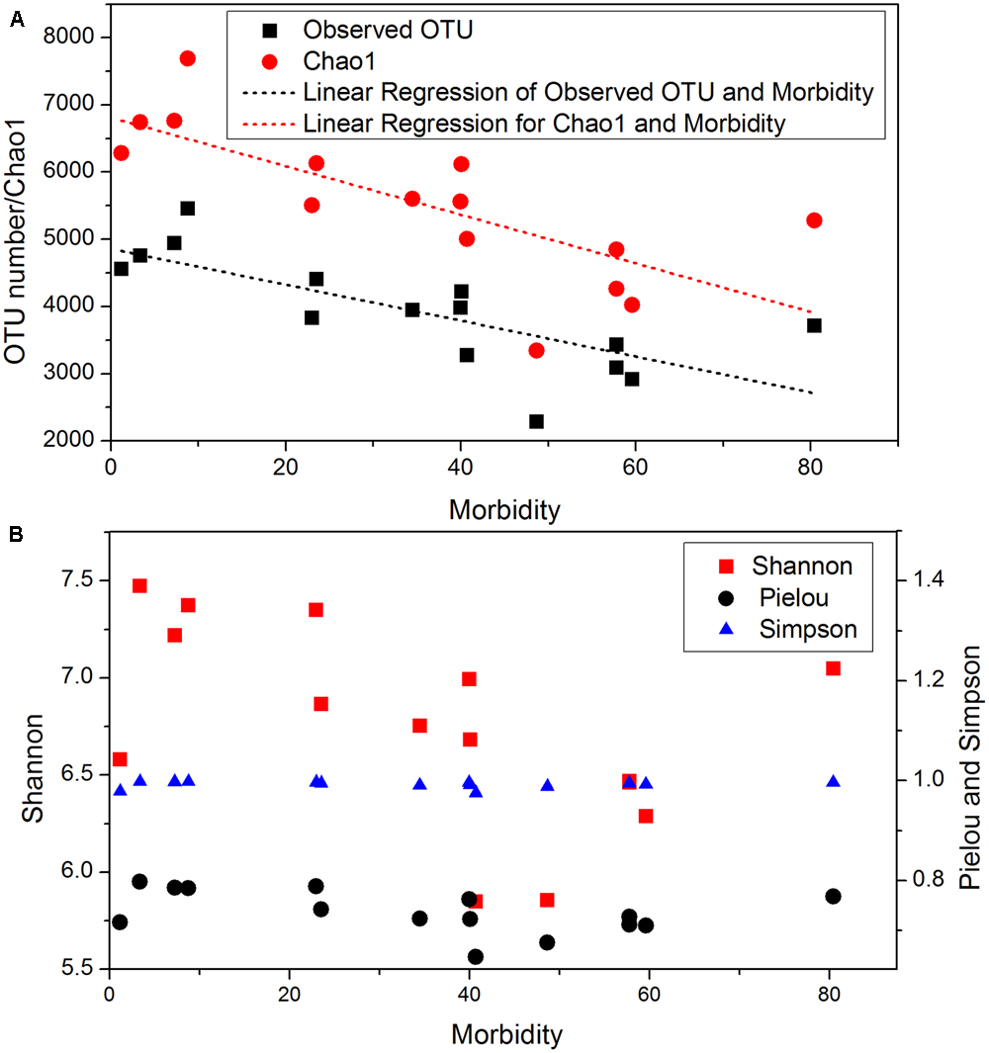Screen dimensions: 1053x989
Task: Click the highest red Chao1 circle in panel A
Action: coord(188,58)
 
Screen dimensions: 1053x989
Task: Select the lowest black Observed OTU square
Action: coord(536,421)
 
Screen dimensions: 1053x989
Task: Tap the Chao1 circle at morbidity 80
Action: coord(814,219)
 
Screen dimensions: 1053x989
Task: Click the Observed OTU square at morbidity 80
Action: coord(814,325)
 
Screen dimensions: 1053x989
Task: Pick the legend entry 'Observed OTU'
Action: coord(388,29)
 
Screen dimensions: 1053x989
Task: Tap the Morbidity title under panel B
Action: coord(507,1035)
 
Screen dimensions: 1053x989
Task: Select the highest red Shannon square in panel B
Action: coord(139,585)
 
